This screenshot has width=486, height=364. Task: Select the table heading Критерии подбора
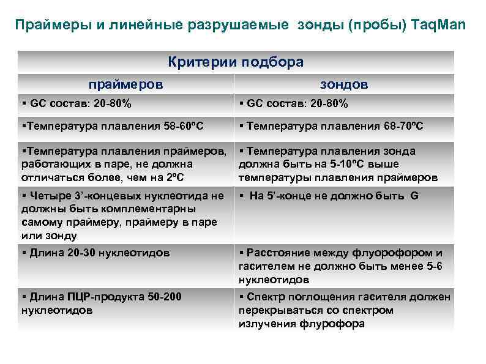tap(236, 62)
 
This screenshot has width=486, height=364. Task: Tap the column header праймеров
tap(126, 84)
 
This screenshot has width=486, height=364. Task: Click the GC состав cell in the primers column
tap(80, 103)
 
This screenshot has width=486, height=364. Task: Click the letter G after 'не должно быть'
tap(414, 196)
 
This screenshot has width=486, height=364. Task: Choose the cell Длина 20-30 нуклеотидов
tap(100, 253)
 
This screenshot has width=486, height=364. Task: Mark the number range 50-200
tap(165, 297)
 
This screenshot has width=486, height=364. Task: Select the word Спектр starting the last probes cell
tap(265, 297)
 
